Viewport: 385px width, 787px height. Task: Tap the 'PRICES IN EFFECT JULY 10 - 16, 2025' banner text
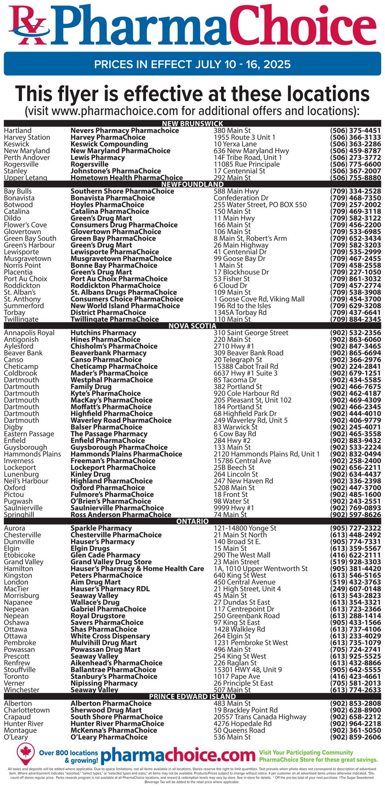point(192,64)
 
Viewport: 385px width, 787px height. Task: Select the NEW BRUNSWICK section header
point(192,124)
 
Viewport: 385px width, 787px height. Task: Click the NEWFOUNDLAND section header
point(192,184)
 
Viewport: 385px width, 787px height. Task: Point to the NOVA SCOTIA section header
point(192,326)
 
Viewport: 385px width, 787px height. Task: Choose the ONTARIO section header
point(192,521)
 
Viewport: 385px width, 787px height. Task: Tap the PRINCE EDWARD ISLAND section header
point(192,696)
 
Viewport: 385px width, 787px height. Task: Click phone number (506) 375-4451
point(355,131)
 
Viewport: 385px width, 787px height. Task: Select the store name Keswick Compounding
point(109,144)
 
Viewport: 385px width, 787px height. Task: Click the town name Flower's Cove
point(25,225)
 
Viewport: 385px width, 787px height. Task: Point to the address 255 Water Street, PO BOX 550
point(260,205)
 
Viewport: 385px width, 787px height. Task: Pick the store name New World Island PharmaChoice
point(125,306)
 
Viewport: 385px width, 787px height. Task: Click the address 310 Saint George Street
point(251,333)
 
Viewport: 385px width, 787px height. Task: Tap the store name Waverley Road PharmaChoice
point(121,420)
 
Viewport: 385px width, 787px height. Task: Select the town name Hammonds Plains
point(32,454)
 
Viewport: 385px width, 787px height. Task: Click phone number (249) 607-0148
point(355,589)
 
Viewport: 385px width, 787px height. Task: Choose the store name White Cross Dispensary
point(110,636)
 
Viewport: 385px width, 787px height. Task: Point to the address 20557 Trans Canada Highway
point(260,717)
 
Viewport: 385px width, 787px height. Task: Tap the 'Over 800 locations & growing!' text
point(69,757)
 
